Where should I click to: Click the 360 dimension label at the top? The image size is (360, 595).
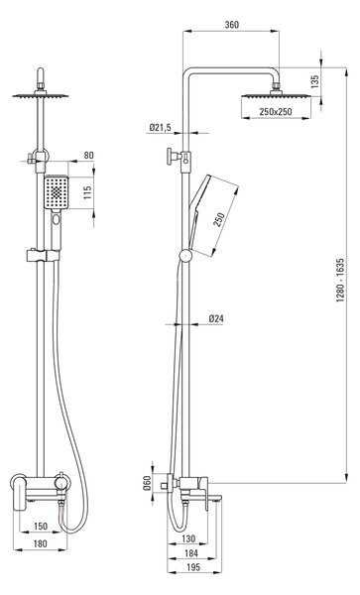pyautogui.click(x=231, y=25)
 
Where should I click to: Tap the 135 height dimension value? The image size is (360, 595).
pyautogui.click(x=314, y=81)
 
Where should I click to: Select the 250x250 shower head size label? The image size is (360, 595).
pyautogui.click(x=276, y=111)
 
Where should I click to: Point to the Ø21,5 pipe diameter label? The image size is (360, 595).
pyautogui.click(x=160, y=128)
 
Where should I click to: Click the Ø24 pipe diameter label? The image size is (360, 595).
pyautogui.click(x=216, y=318)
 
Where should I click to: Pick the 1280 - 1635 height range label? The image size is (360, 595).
pyautogui.click(x=340, y=280)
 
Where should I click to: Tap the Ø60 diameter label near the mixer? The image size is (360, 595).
pyautogui.click(x=147, y=483)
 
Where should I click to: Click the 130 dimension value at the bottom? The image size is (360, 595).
pyautogui.click(x=188, y=538)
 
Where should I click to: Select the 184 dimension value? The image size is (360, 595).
pyautogui.click(x=190, y=553)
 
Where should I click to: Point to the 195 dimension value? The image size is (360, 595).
pyautogui.click(x=193, y=567)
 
